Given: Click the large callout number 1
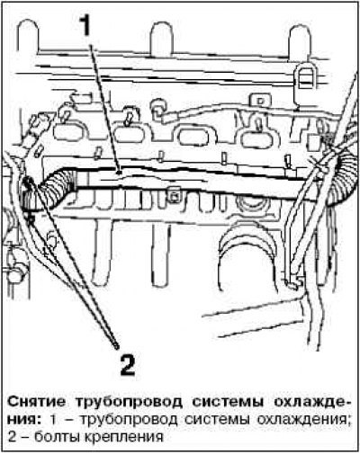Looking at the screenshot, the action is (86, 26).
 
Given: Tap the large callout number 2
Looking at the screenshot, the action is (128, 364).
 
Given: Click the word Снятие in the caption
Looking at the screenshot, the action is (36, 402).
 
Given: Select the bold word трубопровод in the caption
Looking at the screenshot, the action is (129, 403).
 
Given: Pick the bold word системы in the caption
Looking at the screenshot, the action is (228, 402).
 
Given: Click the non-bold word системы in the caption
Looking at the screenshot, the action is (217, 420).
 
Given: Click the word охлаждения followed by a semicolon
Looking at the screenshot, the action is (303, 420).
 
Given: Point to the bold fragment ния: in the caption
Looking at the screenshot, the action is (24, 420).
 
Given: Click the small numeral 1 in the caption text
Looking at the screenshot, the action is (53, 420).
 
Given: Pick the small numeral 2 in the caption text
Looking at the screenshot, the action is (12, 437).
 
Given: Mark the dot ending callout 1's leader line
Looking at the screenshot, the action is (120, 173).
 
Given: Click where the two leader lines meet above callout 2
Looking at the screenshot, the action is (116, 347).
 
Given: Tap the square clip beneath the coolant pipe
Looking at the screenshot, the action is (175, 196).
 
